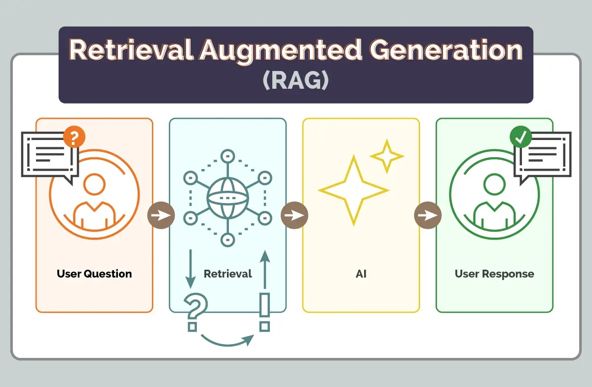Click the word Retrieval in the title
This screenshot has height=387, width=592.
(131, 50)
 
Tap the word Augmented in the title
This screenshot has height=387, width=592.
(281, 51)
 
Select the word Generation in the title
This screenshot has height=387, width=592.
(446, 50)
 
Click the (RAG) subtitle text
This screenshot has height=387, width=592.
(296, 80)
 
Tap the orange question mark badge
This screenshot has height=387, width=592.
(74, 137)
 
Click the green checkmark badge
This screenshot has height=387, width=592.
(520, 137)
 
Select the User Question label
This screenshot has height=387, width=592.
(94, 274)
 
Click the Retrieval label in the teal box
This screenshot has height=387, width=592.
(228, 274)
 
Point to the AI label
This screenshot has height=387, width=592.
(361, 274)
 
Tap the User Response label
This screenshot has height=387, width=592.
(494, 274)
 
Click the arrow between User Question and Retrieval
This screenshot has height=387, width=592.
(161, 215)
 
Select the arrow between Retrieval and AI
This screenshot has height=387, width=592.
(295, 215)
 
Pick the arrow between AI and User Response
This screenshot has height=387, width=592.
(428, 215)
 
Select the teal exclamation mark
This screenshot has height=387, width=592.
(264, 312)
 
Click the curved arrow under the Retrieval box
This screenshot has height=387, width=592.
(227, 344)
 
